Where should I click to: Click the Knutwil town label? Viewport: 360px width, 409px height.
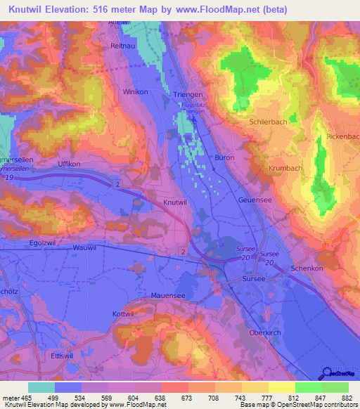click(x=175, y=202)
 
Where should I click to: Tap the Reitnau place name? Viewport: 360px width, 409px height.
click(x=122, y=46)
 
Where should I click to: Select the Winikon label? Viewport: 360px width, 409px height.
click(x=134, y=92)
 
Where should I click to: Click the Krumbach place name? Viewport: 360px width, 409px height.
click(x=284, y=169)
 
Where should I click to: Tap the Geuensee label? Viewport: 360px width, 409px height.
click(x=255, y=200)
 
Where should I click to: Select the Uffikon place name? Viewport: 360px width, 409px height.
click(x=70, y=163)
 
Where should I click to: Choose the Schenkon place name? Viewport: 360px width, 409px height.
click(x=307, y=269)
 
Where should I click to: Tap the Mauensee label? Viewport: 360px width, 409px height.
click(x=168, y=296)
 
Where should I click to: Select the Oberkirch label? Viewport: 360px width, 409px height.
click(x=265, y=332)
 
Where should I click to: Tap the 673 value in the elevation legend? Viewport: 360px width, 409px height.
click(x=181, y=397)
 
